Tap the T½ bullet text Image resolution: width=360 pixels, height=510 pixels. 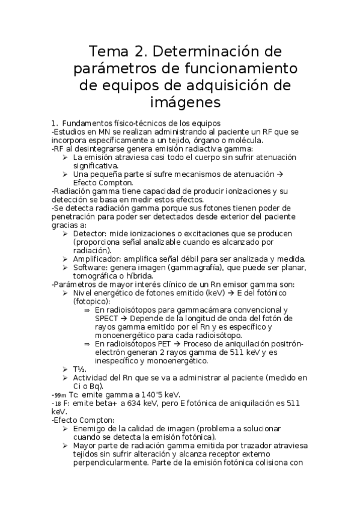[x=79, y=369]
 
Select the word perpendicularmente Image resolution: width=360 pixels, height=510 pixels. [x=111, y=462]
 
